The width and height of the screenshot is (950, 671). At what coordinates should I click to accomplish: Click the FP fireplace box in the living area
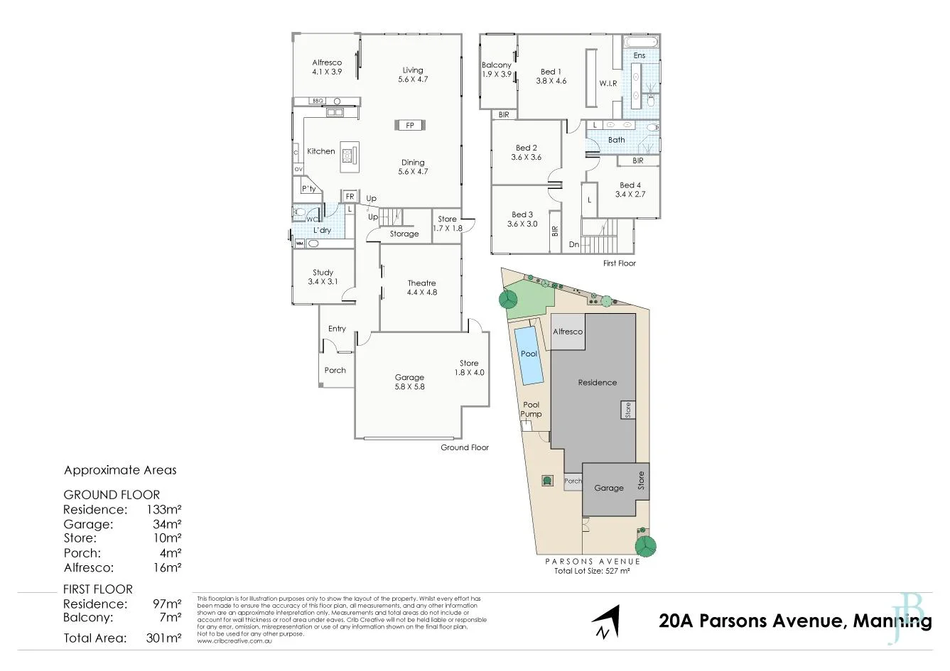click(410, 126)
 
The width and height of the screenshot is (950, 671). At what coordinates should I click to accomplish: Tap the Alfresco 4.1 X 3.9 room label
click(327, 67)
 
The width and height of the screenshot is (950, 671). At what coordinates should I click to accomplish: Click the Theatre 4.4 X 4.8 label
click(421, 288)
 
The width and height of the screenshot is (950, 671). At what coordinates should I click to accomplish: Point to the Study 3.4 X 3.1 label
click(323, 277)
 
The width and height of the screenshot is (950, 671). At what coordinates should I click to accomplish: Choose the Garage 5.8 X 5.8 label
click(409, 382)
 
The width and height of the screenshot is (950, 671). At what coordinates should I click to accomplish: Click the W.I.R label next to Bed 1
click(608, 83)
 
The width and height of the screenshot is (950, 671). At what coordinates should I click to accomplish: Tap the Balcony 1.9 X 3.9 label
click(497, 70)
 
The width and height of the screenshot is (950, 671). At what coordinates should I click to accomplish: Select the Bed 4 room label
click(630, 190)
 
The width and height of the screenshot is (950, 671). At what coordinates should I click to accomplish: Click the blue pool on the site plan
click(529, 354)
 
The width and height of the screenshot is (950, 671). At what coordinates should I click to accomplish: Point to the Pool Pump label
click(531, 410)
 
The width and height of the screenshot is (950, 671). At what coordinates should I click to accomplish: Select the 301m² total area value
click(164, 638)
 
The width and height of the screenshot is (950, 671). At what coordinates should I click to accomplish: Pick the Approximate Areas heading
click(120, 470)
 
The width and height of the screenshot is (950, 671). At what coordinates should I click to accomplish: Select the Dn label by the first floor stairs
click(574, 244)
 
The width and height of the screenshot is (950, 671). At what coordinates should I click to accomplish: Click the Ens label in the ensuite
click(639, 55)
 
